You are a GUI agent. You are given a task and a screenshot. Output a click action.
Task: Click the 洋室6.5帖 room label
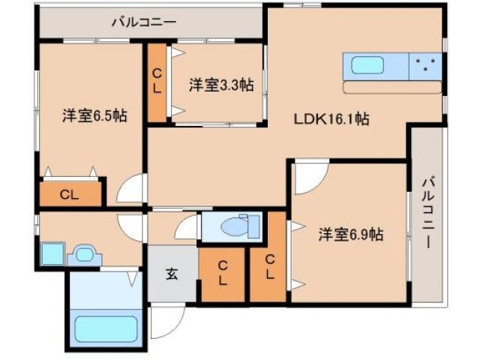point(94,116)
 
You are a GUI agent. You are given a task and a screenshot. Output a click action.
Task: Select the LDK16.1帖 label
point(330,118)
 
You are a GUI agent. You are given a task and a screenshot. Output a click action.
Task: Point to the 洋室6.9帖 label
point(350,235)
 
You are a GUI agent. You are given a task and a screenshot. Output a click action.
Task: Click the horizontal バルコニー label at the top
point(144,22)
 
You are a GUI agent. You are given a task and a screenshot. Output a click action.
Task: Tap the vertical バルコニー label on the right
point(427,212)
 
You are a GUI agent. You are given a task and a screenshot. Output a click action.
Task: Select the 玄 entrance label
point(172,274)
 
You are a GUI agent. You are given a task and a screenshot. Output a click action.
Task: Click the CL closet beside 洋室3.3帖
point(157,82)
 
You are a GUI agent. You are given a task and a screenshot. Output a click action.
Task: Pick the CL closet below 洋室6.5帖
point(69,195)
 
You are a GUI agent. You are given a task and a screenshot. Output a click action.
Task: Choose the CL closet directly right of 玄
point(223,273)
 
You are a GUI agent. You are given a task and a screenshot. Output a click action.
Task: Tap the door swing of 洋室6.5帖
point(130,190)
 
